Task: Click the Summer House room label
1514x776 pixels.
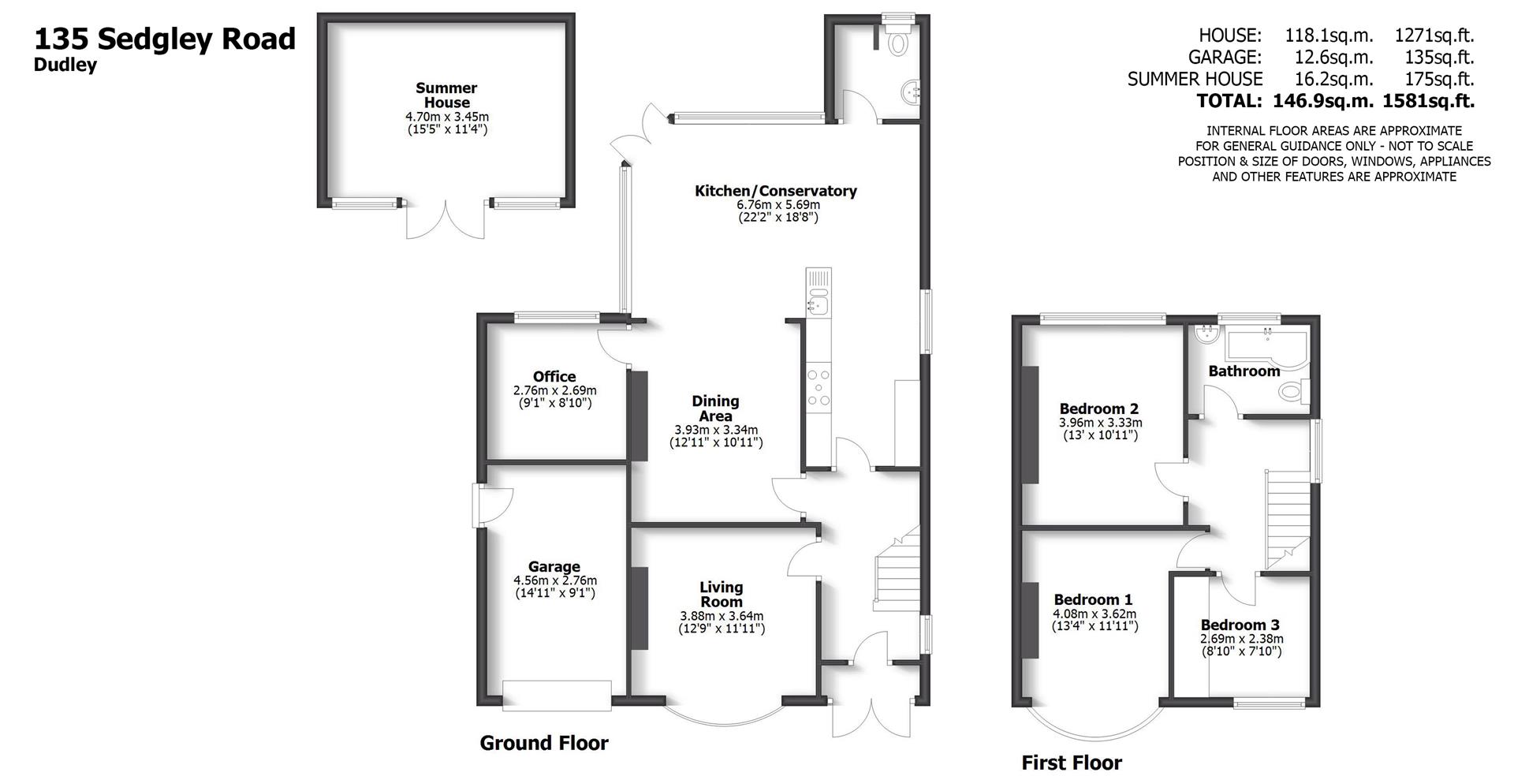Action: point(446,95)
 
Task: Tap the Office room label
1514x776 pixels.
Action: point(554,377)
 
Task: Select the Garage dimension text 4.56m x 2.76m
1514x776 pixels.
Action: point(554,580)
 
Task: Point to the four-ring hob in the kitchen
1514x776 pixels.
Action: point(819,387)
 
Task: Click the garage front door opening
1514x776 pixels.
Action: point(556,696)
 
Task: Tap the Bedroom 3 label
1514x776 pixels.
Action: point(1240,625)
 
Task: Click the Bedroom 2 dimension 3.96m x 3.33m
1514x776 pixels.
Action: point(1100,423)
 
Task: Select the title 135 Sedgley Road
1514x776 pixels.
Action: point(165,39)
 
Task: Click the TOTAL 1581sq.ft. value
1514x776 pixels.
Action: point(1433,101)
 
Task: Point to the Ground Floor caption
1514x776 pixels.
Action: point(544,743)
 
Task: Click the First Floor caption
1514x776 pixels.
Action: point(1071,763)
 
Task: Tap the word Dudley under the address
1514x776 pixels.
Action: point(65,65)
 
